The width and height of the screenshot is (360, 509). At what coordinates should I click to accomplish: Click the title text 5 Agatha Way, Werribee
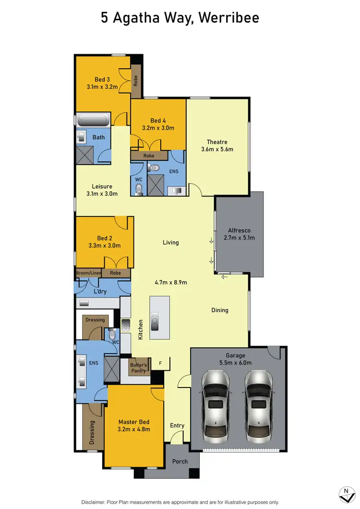pos(180,18)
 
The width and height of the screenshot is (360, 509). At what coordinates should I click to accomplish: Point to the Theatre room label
pos(217,142)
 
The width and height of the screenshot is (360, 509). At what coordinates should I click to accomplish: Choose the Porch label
pos(180,461)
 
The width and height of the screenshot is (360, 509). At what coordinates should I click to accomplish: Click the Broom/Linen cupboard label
pos(89,273)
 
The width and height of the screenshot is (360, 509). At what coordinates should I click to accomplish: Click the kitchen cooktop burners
pos(126,326)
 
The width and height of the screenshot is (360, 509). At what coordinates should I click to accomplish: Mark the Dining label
pos(220,310)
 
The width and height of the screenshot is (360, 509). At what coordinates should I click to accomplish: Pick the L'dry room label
pos(100,291)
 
